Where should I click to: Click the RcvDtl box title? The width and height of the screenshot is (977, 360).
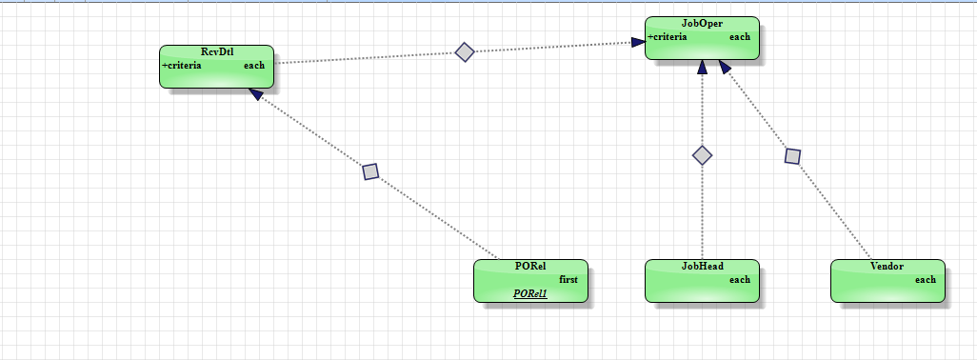click(x=217, y=52)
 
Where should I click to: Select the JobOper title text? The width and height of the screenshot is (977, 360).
click(x=702, y=24)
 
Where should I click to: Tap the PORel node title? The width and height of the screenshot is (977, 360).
click(x=530, y=267)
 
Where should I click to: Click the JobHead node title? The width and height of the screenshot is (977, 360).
click(x=702, y=267)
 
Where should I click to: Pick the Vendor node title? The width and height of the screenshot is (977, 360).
click(x=887, y=267)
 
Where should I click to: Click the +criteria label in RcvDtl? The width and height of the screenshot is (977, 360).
click(x=181, y=66)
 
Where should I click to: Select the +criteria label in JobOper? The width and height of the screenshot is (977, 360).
click(x=668, y=37)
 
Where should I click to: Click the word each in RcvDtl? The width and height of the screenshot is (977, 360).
click(x=254, y=66)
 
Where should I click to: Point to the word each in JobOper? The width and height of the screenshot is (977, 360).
click(x=740, y=37)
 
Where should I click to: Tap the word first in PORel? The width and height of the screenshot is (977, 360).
click(x=568, y=280)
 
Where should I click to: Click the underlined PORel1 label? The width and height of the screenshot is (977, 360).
click(x=530, y=293)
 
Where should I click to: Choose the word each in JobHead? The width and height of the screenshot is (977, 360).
click(x=740, y=280)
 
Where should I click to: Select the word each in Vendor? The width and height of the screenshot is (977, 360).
click(x=926, y=280)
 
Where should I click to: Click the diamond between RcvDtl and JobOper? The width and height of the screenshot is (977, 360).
click(x=465, y=52)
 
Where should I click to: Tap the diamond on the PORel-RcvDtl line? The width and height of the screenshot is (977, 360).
click(x=370, y=171)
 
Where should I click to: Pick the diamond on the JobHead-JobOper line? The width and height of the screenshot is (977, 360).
click(x=702, y=155)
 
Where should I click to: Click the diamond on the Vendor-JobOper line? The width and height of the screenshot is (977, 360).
click(x=792, y=156)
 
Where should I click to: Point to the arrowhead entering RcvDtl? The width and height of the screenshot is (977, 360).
click(x=255, y=94)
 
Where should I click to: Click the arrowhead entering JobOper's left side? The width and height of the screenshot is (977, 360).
click(x=638, y=42)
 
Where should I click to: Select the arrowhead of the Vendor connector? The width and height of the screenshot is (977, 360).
click(x=725, y=67)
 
